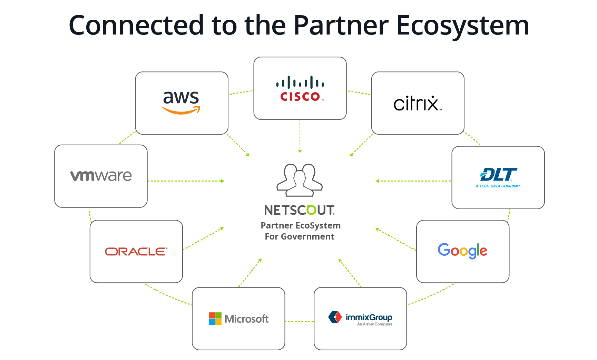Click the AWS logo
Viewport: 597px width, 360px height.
point(181,102)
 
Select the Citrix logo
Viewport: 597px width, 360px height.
point(417,104)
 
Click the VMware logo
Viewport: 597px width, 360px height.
point(101,176)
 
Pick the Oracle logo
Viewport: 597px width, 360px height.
point(136,252)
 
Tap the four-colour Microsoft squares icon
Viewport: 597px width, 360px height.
point(215,319)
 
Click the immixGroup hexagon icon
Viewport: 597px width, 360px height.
point(335,317)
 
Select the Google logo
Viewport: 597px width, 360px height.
point(462,251)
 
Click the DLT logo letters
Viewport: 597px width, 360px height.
point(498,175)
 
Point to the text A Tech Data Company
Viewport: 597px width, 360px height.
point(498,186)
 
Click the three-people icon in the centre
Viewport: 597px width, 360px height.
point(300,180)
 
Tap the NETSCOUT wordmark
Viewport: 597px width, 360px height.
point(299,210)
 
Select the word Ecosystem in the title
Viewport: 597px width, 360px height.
point(462,26)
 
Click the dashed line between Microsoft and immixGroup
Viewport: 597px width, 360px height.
point(299,321)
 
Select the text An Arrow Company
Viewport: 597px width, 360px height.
point(374,324)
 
